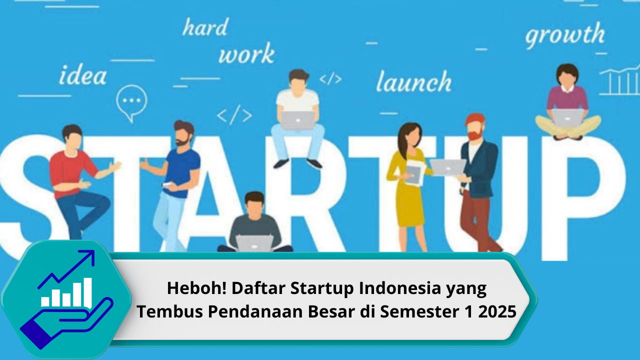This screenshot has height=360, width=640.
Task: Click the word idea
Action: [x=83, y=75]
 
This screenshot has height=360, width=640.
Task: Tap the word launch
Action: [x=413, y=81]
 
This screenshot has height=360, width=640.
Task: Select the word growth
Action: [x=565, y=35]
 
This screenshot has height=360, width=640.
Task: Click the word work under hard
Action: [x=246, y=53]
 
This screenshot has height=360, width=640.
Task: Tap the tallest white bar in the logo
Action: [x=87, y=292]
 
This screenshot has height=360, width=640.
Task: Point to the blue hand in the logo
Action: [x=66, y=323]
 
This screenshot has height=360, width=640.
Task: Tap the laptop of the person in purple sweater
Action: [x=567, y=118]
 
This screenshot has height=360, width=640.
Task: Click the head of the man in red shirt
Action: [x=72, y=136]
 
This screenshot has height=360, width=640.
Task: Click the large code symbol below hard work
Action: [x=234, y=115]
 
